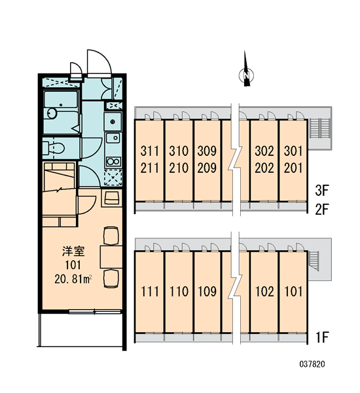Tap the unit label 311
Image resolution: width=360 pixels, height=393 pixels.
point(149,151)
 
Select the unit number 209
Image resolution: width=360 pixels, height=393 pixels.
point(207,168)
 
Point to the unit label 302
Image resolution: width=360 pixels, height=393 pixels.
point(264,151)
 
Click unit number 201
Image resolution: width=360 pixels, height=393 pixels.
point(293,168)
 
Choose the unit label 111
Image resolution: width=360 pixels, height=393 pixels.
point(150,291)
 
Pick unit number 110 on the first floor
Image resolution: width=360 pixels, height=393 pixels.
point(179,291)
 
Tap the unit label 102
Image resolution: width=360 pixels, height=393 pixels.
point(264,291)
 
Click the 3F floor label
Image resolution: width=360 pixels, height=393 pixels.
point(321,190)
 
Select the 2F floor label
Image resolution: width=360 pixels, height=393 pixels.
point(321,210)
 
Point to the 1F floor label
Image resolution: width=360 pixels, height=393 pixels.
point(322,337)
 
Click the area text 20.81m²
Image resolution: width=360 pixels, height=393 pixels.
point(73,279)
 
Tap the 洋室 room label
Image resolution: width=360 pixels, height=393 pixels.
point(73,252)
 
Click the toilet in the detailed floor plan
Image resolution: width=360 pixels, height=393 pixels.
point(53,148)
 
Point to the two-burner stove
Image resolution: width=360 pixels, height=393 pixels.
point(113,162)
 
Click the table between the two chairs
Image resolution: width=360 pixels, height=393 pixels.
point(111,257)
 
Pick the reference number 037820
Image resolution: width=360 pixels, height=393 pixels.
point(312,364)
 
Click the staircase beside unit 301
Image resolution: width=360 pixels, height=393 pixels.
point(319,128)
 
